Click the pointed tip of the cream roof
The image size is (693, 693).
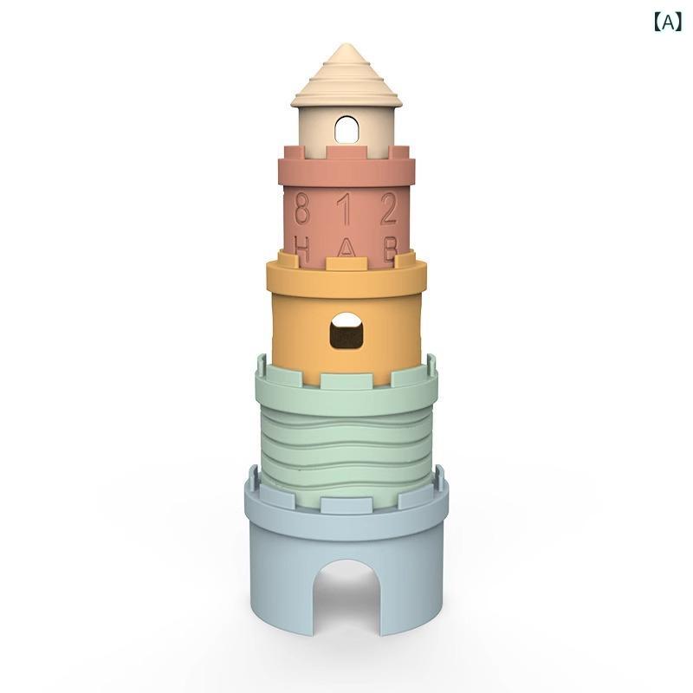[x=346, y=45]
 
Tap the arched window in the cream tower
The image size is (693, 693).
[x=346, y=129]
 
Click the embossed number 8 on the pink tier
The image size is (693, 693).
[x=301, y=207]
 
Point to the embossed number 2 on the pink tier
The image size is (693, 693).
[x=389, y=207]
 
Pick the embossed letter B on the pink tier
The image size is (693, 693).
[x=391, y=250]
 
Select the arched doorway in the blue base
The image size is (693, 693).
[x=346, y=596]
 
